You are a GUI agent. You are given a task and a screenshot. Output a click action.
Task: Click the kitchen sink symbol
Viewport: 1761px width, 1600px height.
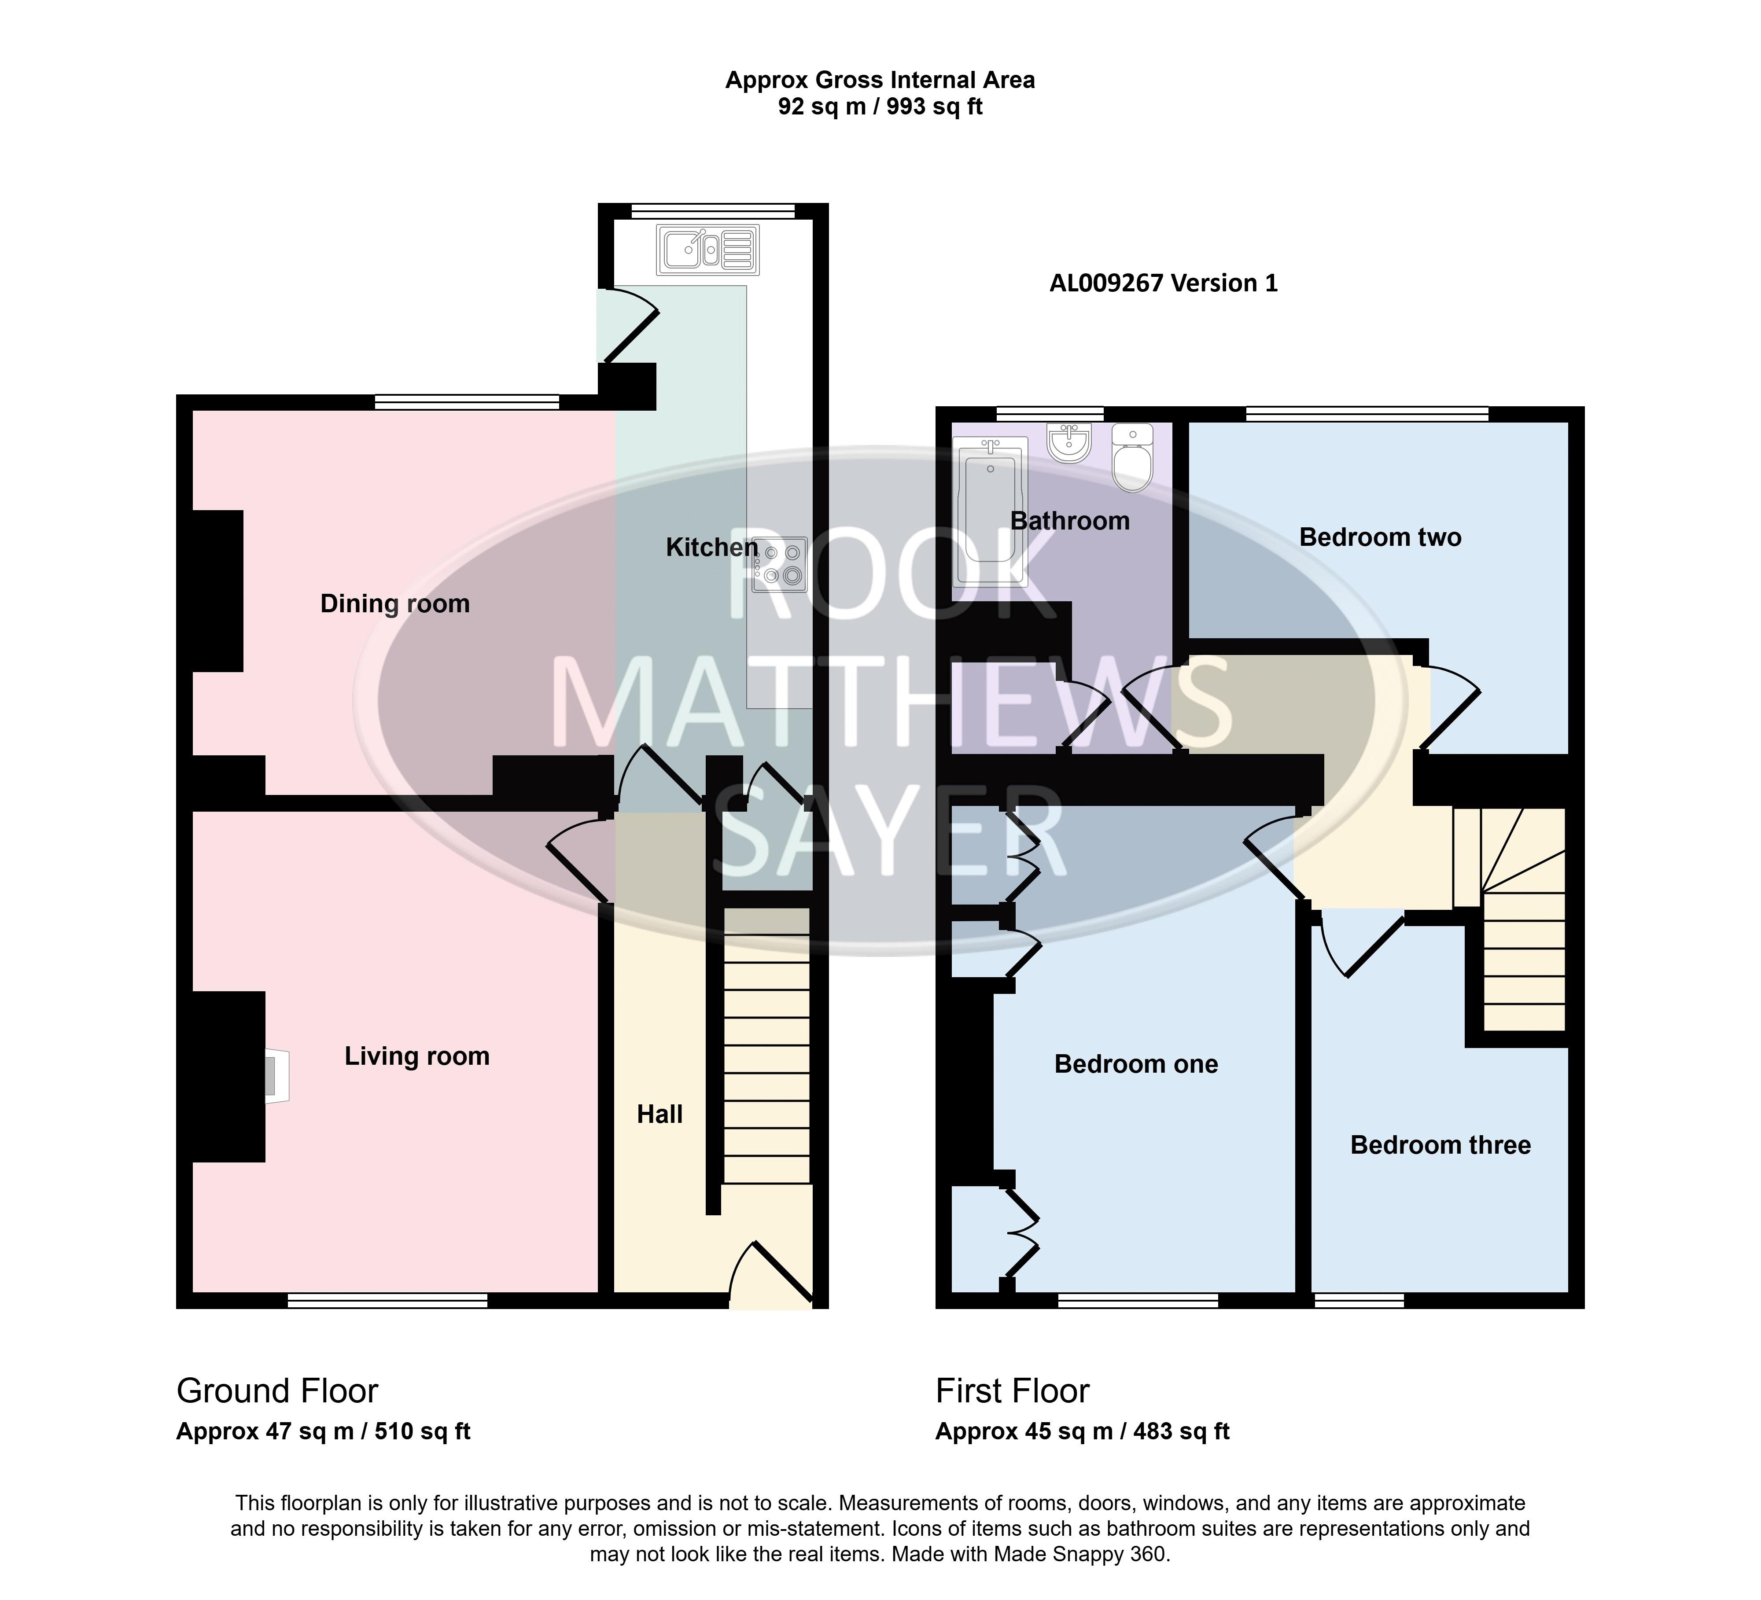708,250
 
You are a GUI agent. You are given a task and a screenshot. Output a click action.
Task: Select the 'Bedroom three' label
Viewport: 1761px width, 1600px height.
1440,1145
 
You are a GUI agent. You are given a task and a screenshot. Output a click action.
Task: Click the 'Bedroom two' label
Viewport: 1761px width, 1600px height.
1380,537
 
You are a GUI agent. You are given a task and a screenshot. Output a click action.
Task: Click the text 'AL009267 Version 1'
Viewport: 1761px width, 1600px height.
1164,283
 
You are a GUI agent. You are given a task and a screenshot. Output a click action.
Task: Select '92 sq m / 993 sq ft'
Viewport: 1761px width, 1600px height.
880,107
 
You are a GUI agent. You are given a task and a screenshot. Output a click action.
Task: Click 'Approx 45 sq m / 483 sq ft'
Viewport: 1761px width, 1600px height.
1082,1431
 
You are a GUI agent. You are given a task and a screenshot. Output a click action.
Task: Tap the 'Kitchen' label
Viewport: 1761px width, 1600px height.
712,548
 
